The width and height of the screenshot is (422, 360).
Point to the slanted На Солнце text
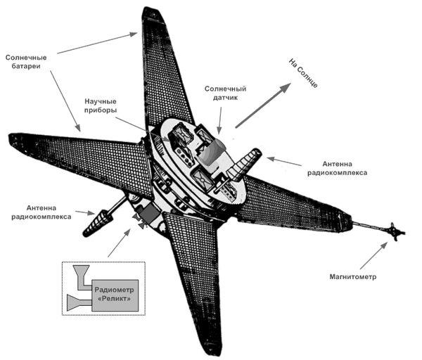click(304, 74)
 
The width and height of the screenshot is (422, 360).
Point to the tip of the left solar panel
click(11, 137)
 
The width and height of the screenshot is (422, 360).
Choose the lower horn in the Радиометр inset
click(73, 302)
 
